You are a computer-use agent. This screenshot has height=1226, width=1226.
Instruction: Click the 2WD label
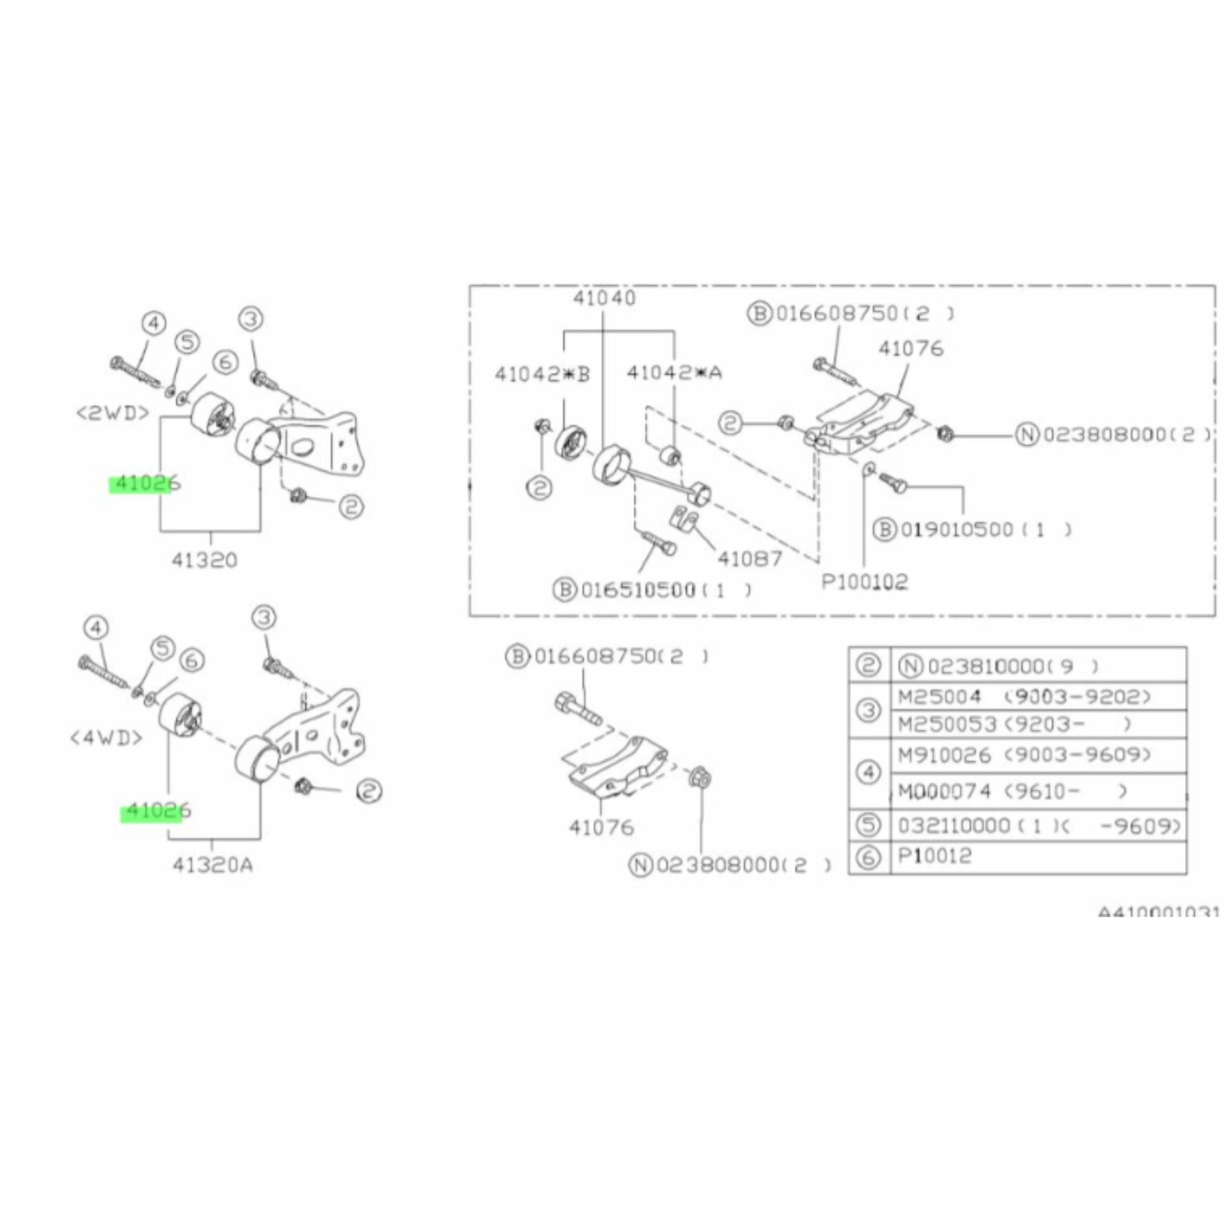pyautogui.click(x=113, y=413)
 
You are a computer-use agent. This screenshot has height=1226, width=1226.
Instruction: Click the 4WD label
pyautogui.click(x=107, y=737)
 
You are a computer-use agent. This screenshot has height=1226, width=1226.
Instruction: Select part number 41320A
pyautogui.click(x=213, y=864)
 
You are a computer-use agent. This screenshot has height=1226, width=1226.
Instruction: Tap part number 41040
pyautogui.click(x=604, y=297)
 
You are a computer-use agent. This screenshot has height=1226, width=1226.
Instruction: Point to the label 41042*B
pyautogui.click(x=542, y=375)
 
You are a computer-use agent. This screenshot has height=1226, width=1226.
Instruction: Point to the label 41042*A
pyautogui.click(x=674, y=372)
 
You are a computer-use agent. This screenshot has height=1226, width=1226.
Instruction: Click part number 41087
pyautogui.click(x=749, y=559)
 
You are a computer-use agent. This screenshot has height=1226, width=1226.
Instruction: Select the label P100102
pyautogui.click(x=864, y=581)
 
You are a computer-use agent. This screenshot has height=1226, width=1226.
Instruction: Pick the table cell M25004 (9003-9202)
pyautogui.click(x=1023, y=698)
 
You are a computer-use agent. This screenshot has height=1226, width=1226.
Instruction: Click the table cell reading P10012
pyautogui.click(x=935, y=856)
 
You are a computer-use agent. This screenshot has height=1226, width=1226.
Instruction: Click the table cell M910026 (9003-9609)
pyautogui.click(x=1023, y=755)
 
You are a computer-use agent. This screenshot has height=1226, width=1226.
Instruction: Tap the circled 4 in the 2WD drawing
pyautogui.click(x=154, y=324)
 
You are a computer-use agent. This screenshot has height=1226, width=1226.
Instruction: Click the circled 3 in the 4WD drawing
pyautogui.click(x=264, y=617)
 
